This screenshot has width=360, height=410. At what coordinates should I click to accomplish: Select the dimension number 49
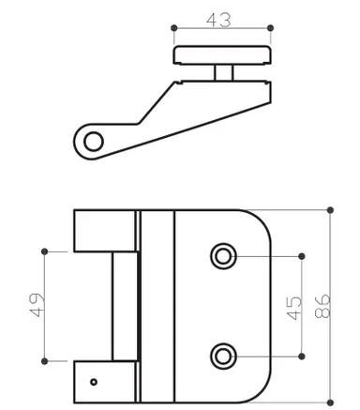(37, 305)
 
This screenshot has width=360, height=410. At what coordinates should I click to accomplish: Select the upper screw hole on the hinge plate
(222, 255)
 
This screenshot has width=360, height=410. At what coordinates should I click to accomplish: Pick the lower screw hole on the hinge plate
(222, 355)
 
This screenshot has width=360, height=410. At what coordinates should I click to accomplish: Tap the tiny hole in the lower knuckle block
(93, 381)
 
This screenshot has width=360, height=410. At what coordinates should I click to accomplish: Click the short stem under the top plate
(222, 73)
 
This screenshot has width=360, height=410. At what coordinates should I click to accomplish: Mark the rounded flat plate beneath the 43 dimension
(222, 54)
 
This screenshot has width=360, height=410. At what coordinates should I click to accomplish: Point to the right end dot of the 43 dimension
(270, 28)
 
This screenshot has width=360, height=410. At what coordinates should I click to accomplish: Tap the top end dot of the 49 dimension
(45, 251)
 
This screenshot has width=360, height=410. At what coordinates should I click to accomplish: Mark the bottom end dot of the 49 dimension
(45, 358)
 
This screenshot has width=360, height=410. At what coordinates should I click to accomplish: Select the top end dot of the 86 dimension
(330, 209)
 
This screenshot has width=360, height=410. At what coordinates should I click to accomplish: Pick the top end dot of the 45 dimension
(301, 255)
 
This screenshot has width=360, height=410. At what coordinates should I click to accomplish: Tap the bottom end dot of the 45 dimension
(301, 355)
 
